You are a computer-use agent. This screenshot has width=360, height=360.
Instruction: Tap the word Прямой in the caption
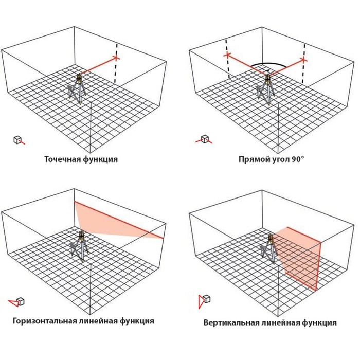point(253,159)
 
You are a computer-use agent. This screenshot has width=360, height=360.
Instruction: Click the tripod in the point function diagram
point(79,92)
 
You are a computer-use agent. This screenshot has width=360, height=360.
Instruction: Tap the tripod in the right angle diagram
point(266,92)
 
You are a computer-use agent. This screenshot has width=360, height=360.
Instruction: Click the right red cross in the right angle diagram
point(304,60)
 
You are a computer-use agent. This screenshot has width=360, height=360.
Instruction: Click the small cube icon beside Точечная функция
point(18,139)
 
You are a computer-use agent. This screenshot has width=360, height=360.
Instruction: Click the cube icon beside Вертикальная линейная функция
point(206,299)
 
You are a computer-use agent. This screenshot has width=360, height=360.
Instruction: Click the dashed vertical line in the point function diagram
point(116,69)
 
